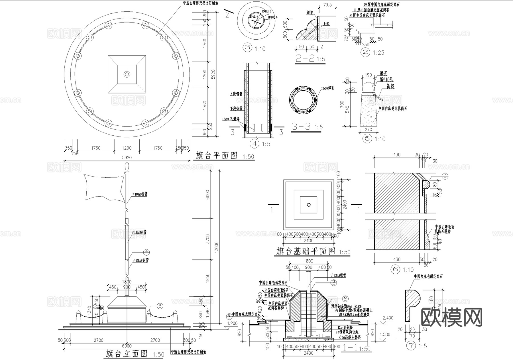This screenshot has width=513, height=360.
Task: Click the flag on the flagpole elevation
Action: tap(104, 188)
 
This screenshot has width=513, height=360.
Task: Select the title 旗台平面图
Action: tap(217, 156)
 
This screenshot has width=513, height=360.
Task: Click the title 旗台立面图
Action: tap(127, 354)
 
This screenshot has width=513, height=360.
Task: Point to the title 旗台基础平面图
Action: tap(306, 251)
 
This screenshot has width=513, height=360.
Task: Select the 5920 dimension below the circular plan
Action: tap(127, 158)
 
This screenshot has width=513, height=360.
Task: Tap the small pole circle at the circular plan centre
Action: tap(127, 74)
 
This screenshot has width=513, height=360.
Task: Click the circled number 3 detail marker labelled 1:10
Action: tap(247, 48)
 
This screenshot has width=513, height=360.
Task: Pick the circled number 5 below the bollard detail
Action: tap(367, 139)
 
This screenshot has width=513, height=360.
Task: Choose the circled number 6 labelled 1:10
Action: tap(395, 269)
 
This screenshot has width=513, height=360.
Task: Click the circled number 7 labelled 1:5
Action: tap(410, 346)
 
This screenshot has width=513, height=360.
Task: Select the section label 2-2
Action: tap(305, 58)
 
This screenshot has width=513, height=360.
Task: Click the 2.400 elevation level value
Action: tap(388, 318)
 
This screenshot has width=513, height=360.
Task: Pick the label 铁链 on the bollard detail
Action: tap(390, 86)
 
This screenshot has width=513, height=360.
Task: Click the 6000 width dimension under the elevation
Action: tap(127, 346)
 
